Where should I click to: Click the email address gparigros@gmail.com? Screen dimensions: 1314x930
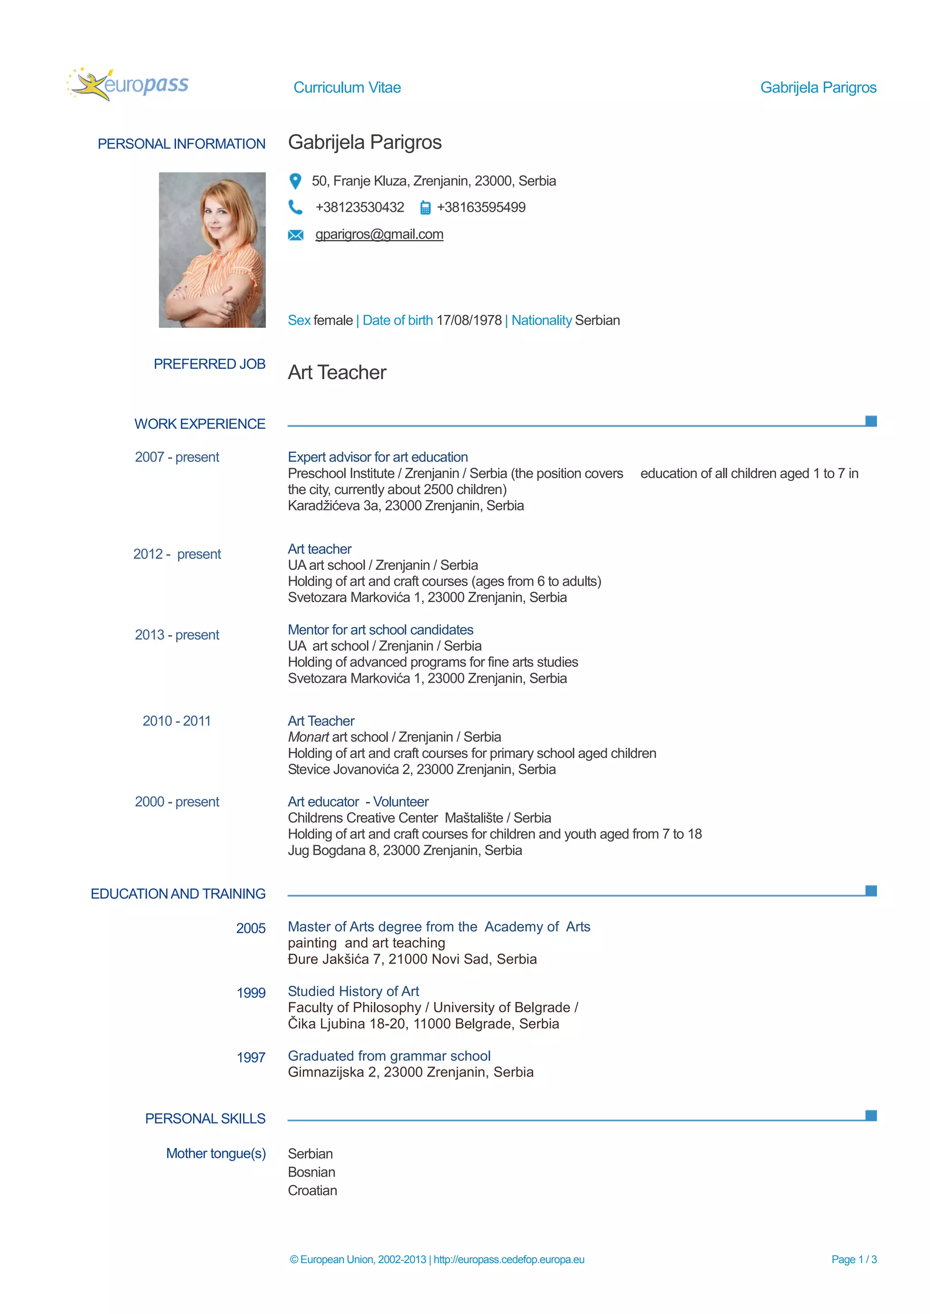point(379,234)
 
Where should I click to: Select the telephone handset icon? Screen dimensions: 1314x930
point(296,207)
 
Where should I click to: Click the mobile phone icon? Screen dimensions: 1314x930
point(425,208)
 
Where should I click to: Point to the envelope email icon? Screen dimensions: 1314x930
point(296,235)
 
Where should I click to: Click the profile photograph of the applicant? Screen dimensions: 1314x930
point(212,250)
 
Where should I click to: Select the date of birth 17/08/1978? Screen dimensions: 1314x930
point(469,320)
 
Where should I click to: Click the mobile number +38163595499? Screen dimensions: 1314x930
point(481,207)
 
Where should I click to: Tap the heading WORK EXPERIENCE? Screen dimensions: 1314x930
point(200,424)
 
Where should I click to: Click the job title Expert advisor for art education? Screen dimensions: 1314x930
point(377,457)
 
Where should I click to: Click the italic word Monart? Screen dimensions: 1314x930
point(308,737)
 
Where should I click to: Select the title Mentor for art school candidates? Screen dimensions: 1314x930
point(380,630)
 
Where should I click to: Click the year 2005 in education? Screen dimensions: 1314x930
point(251,928)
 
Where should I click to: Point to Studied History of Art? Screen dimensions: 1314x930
point(353,991)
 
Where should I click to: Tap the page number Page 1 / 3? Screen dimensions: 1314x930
point(853,1259)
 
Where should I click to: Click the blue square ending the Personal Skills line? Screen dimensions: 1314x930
point(871,1115)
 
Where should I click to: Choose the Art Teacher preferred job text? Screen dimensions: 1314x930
point(337,373)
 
